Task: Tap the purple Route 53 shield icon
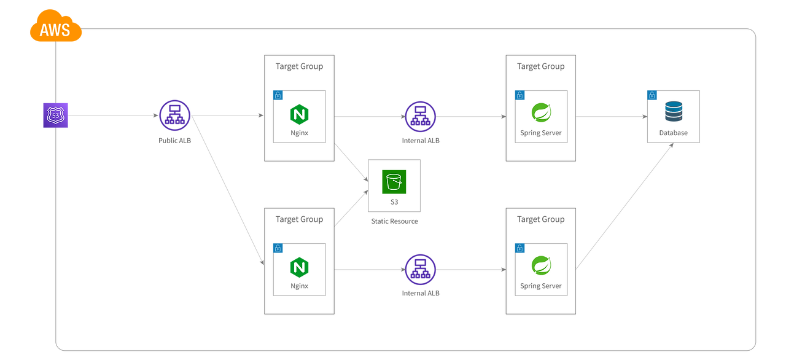(x=55, y=115)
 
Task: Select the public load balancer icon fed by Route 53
(x=175, y=115)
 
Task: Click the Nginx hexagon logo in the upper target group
(x=299, y=115)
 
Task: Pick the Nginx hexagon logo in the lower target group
(x=299, y=268)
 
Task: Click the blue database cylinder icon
(x=673, y=112)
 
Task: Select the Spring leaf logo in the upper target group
(x=541, y=113)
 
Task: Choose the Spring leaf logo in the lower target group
(x=541, y=266)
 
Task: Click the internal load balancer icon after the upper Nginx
(x=421, y=115)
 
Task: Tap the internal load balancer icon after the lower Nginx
(x=421, y=269)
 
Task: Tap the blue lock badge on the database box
(x=652, y=95)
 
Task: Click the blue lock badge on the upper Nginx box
(x=278, y=95)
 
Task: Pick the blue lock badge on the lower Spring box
(x=519, y=248)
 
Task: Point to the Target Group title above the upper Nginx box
(x=299, y=66)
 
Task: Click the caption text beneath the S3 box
(x=394, y=221)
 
